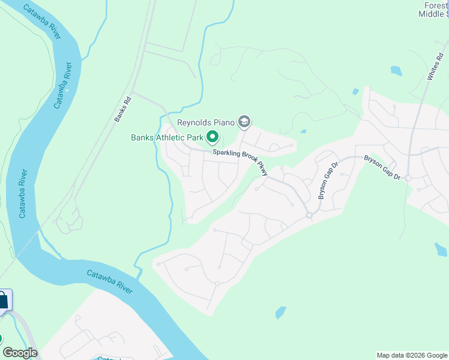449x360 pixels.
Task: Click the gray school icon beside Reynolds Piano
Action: (244, 122)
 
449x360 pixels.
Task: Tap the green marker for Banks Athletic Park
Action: (212, 138)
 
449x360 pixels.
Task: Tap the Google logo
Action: (20, 353)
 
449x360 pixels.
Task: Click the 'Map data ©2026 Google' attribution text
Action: (412, 355)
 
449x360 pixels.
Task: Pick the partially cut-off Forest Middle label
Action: (433, 10)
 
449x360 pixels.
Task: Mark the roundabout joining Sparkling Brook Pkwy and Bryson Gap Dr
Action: (310, 215)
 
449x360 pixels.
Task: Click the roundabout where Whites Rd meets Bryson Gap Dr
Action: (408, 178)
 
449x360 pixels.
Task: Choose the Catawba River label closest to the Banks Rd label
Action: (66, 85)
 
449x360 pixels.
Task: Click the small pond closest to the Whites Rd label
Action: (396, 71)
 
